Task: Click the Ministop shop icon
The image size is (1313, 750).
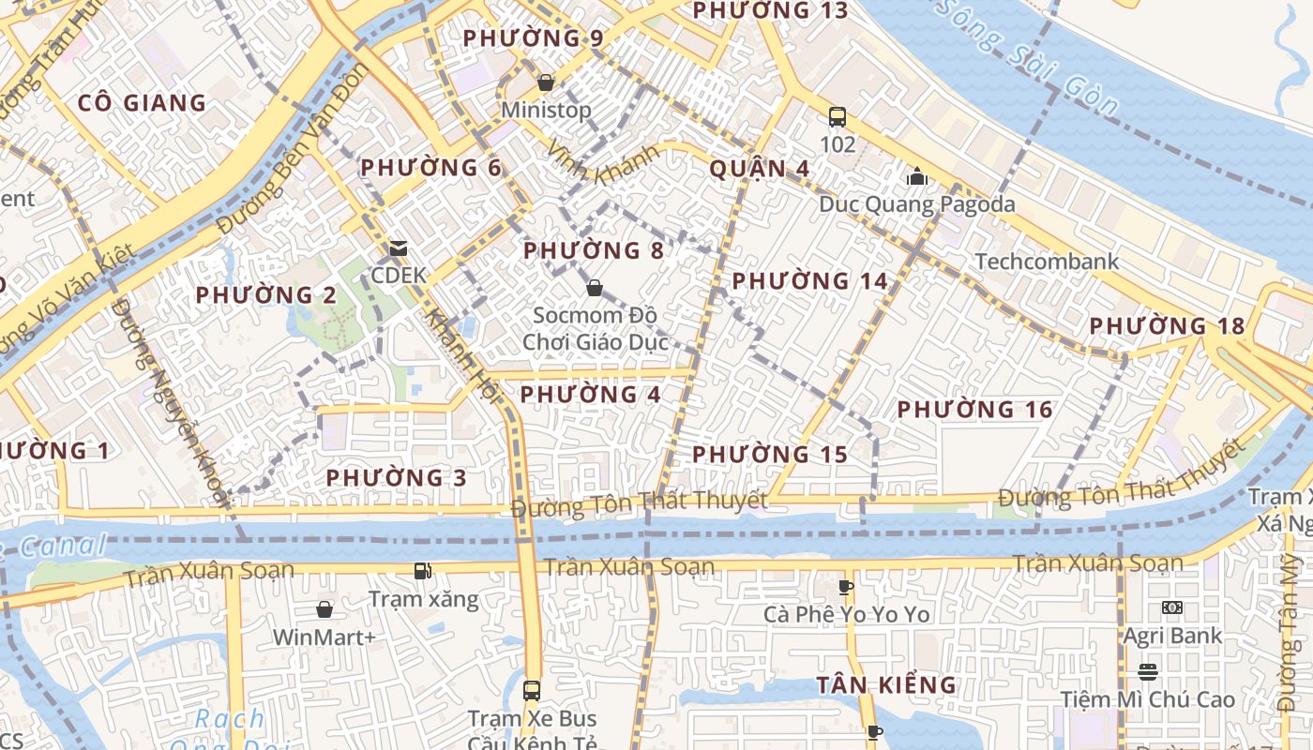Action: tap(546, 82)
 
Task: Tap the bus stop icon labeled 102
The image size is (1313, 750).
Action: tap(838, 117)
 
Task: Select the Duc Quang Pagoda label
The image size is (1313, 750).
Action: tap(916, 203)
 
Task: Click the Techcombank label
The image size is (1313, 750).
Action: tap(1047, 261)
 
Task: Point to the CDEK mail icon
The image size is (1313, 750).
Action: tap(399, 248)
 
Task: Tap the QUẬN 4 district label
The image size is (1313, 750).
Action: tap(759, 169)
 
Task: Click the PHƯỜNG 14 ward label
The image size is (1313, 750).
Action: tap(809, 280)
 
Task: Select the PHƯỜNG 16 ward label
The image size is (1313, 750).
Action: tap(974, 410)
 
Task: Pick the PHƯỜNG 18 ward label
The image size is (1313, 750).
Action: tap(1167, 326)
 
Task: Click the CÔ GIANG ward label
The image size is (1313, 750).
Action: tap(142, 103)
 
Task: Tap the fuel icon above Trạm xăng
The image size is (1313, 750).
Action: tap(423, 570)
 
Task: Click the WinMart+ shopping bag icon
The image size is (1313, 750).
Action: tap(324, 610)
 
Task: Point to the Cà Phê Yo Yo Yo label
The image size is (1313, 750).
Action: tap(846, 614)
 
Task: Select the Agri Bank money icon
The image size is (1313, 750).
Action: tap(1171, 607)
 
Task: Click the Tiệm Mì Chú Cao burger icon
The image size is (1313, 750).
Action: tap(1148, 671)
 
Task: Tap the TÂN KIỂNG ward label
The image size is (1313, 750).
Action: tap(885, 685)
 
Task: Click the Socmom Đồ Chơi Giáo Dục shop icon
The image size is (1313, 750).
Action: tap(594, 287)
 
